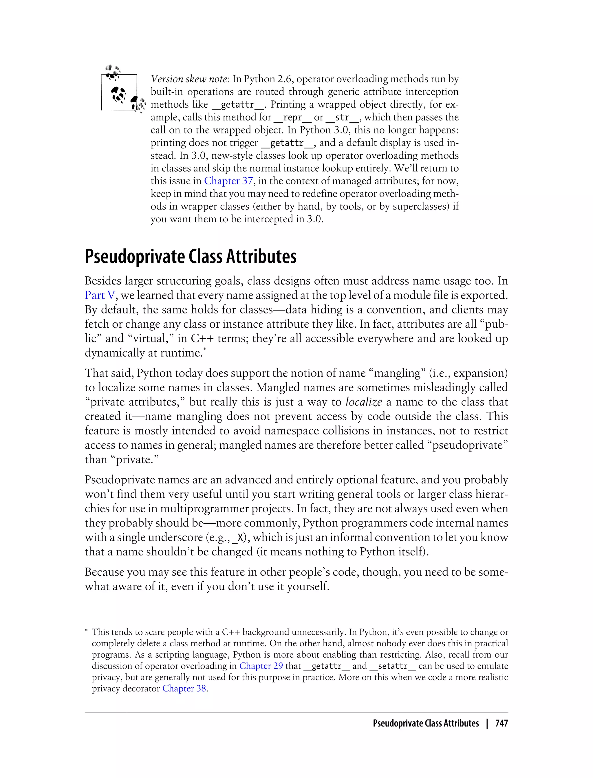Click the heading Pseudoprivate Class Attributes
[x=191, y=257]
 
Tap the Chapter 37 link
[x=228, y=181]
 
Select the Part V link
[x=100, y=295]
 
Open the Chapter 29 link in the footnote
[x=261, y=666]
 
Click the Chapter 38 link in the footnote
[x=184, y=688]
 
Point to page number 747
[x=501, y=723]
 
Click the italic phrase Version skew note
[x=189, y=79]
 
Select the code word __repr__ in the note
[x=292, y=118]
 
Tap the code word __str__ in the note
[x=342, y=118]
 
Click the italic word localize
[x=364, y=402]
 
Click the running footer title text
[x=426, y=723]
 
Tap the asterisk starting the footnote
[x=87, y=632]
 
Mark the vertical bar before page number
[x=487, y=723]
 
